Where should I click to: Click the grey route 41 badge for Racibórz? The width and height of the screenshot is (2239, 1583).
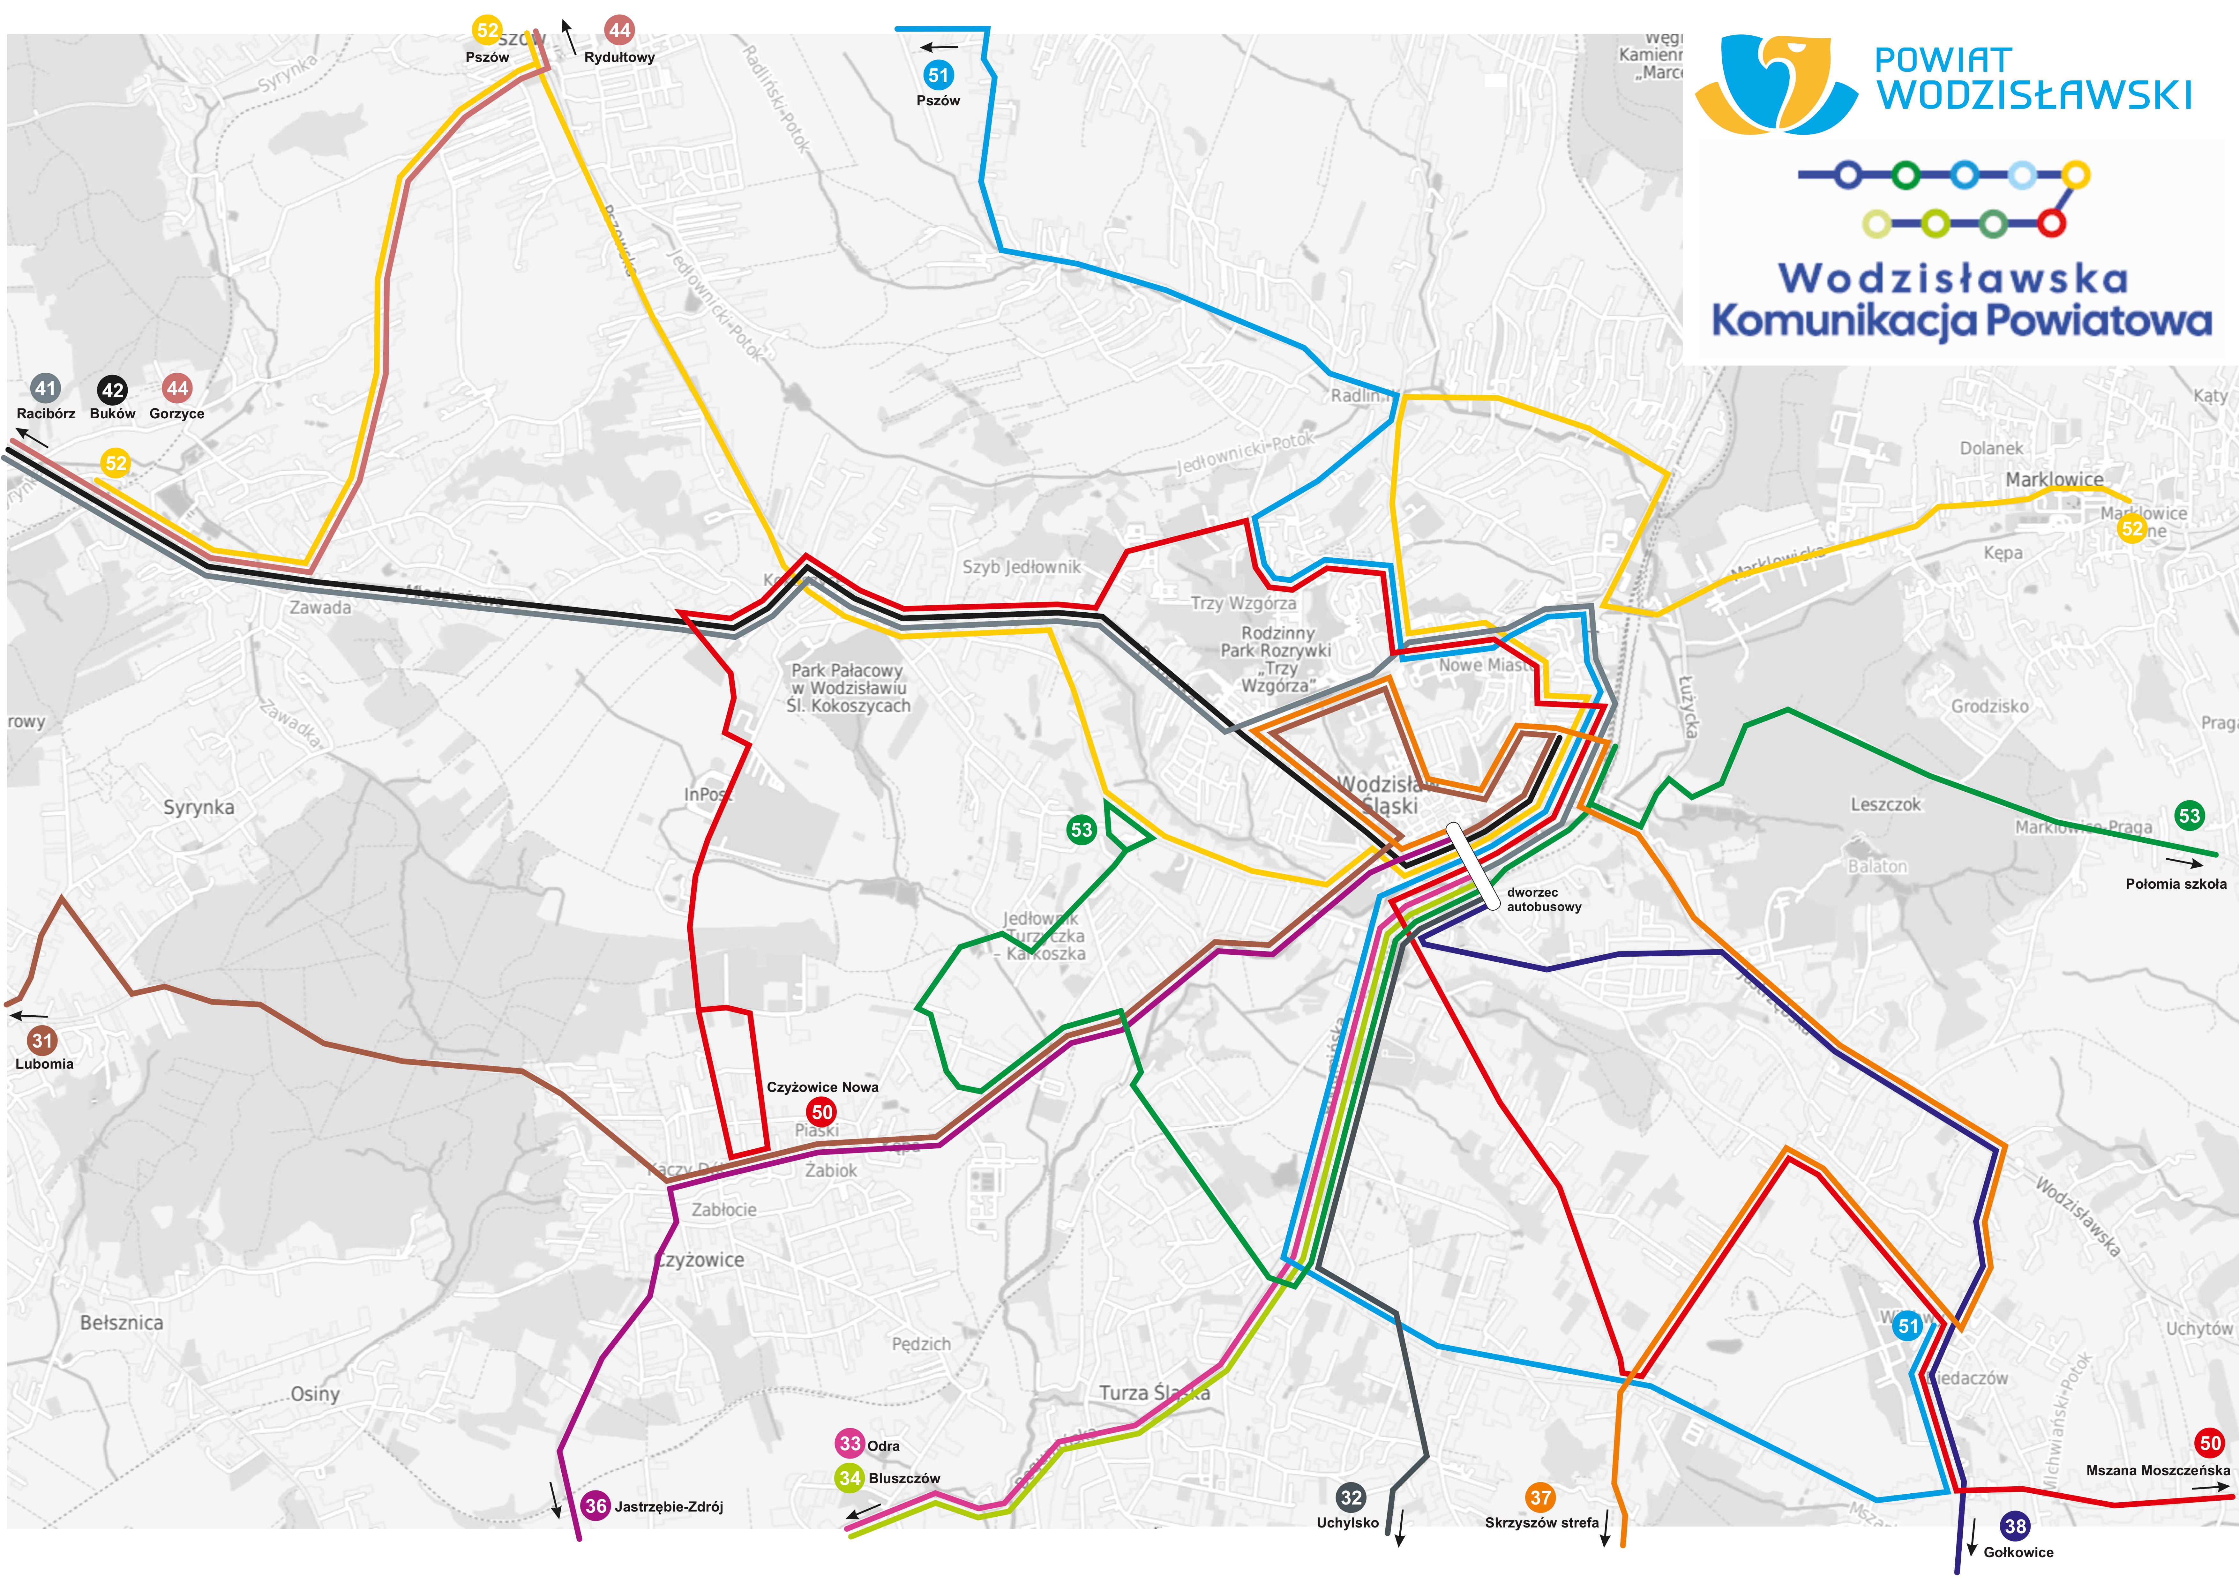pyautogui.click(x=45, y=388)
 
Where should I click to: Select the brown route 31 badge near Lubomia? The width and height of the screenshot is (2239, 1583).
pyautogui.click(x=42, y=1040)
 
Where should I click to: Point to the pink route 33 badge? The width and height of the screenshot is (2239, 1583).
pyautogui.click(x=850, y=1443)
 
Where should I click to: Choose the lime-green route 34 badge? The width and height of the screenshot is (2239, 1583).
pyautogui.click(x=850, y=1478)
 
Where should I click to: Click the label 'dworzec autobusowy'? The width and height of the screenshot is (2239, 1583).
pyautogui.click(x=1544, y=899)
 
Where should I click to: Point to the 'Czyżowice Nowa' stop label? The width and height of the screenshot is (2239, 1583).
pyautogui.click(x=822, y=1086)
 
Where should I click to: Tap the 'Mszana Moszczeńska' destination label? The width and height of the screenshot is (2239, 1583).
pyautogui.click(x=2157, y=1470)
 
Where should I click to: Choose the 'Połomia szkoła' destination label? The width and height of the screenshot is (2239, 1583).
pyautogui.click(x=2175, y=884)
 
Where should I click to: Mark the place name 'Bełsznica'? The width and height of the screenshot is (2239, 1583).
pyautogui.click(x=122, y=1323)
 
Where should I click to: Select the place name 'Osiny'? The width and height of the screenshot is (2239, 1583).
pyautogui.click(x=315, y=1394)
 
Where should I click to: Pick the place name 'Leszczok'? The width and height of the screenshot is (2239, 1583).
pyautogui.click(x=1885, y=805)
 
